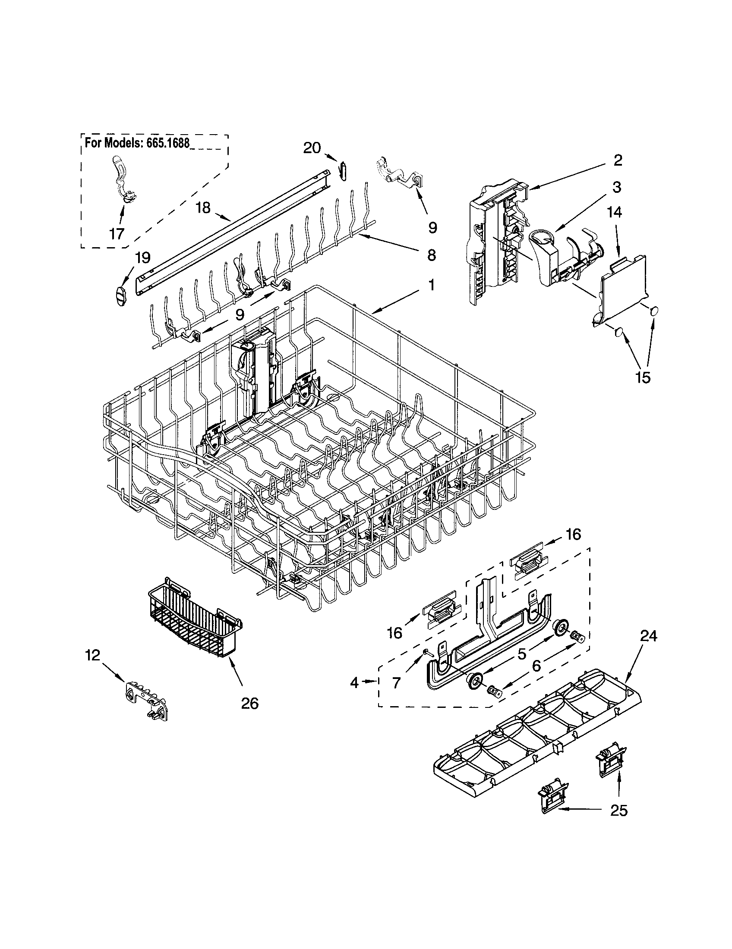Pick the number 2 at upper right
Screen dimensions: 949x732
tap(618, 160)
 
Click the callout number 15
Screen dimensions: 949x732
tap(643, 377)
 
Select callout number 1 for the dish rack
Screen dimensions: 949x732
tap(431, 285)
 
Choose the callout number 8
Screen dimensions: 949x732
tap(431, 255)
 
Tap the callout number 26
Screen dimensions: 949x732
tap(249, 703)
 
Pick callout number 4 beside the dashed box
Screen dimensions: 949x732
tap(355, 683)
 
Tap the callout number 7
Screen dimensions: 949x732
tap(396, 683)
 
